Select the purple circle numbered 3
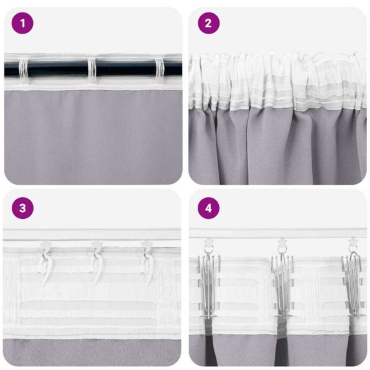click(22, 208)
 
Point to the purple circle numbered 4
click(209, 208)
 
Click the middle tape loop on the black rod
click(92, 69)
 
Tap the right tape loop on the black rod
click(159, 69)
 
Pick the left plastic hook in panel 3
click(45, 261)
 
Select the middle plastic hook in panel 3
click(96, 261)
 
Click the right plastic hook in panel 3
click(148, 261)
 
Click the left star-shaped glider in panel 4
click(209, 241)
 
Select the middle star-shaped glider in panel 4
click(282, 241)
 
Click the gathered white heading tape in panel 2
click(277, 81)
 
